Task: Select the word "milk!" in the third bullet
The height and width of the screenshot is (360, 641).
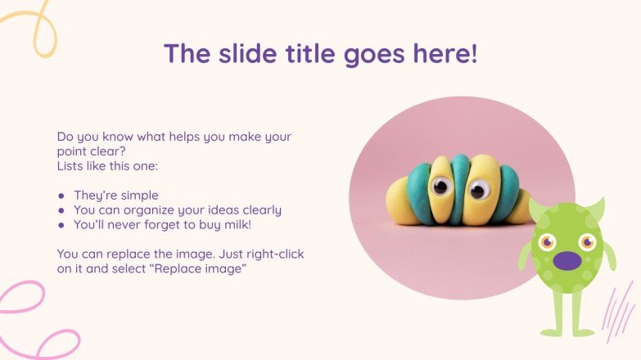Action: [x=258, y=224]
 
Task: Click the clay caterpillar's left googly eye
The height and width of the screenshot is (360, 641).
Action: [x=440, y=187]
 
